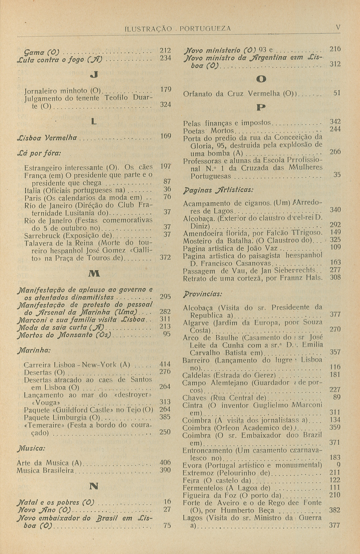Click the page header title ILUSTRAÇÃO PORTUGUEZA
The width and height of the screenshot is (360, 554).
177,29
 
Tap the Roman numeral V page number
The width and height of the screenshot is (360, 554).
338,28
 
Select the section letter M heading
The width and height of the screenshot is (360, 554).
94,274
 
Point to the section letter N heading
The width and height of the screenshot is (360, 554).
94,486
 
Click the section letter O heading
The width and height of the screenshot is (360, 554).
261,79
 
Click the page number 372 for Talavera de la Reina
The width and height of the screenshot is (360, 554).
165,257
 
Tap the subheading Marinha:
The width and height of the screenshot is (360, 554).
34,350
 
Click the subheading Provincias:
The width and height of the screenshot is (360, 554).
202,294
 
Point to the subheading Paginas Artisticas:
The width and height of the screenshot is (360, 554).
218,190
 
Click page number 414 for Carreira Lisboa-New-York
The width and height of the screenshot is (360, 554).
165,364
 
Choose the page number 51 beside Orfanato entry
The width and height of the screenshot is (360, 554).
337,93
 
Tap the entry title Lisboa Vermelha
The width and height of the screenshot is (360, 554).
46,138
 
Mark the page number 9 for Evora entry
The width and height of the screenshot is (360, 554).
338,465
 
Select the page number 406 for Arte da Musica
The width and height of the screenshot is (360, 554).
165,463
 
